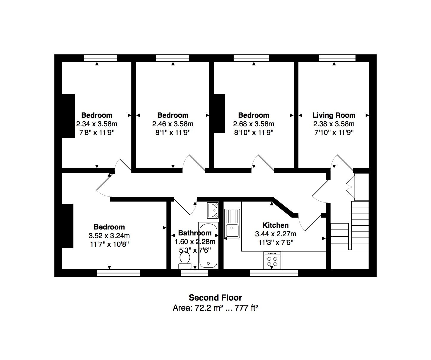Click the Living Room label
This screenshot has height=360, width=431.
tap(334, 115)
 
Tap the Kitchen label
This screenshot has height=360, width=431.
tap(276, 225)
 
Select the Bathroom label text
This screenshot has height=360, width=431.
tap(195, 233)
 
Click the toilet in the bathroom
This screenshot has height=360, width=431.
tap(185, 260)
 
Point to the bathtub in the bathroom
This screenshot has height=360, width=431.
tap(208, 246)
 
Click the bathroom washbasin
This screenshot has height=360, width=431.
tap(213, 210)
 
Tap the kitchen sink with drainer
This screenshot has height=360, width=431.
tap(232, 224)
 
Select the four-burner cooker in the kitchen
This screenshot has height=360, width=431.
tap(272, 260)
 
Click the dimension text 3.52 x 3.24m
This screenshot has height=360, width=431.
tap(109, 235)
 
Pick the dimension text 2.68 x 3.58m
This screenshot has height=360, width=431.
tap(254, 124)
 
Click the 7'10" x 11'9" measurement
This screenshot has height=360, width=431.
tap(334, 132)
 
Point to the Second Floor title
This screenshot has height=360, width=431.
tap(215, 298)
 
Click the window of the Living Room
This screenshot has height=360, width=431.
tap(337, 58)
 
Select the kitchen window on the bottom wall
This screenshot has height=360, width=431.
tap(274, 273)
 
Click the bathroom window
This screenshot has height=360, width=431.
tap(195, 273)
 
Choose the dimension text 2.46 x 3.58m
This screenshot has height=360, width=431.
tap(173, 124)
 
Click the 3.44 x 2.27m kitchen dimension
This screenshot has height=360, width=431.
tap(276, 234)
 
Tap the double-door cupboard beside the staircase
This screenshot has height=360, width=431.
tap(361, 187)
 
